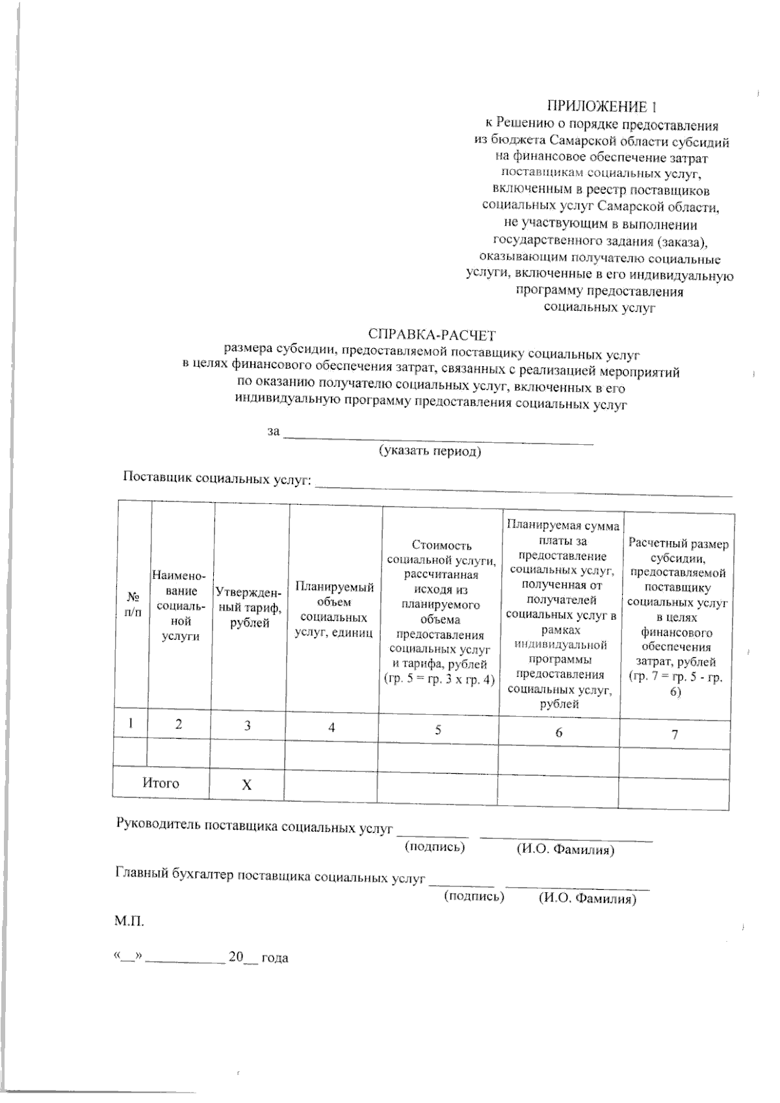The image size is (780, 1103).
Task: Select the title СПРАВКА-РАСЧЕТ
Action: click(432, 336)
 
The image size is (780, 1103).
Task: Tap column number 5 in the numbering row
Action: click(438, 730)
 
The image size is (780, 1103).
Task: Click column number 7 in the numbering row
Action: click(675, 734)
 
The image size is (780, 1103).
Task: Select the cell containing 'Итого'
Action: click(161, 783)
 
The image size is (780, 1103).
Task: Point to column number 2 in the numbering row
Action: click(178, 724)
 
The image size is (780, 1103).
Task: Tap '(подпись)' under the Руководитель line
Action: click(435, 846)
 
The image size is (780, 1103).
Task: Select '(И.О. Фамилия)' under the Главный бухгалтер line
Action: click(587, 899)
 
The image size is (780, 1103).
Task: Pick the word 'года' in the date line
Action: click(275, 958)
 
